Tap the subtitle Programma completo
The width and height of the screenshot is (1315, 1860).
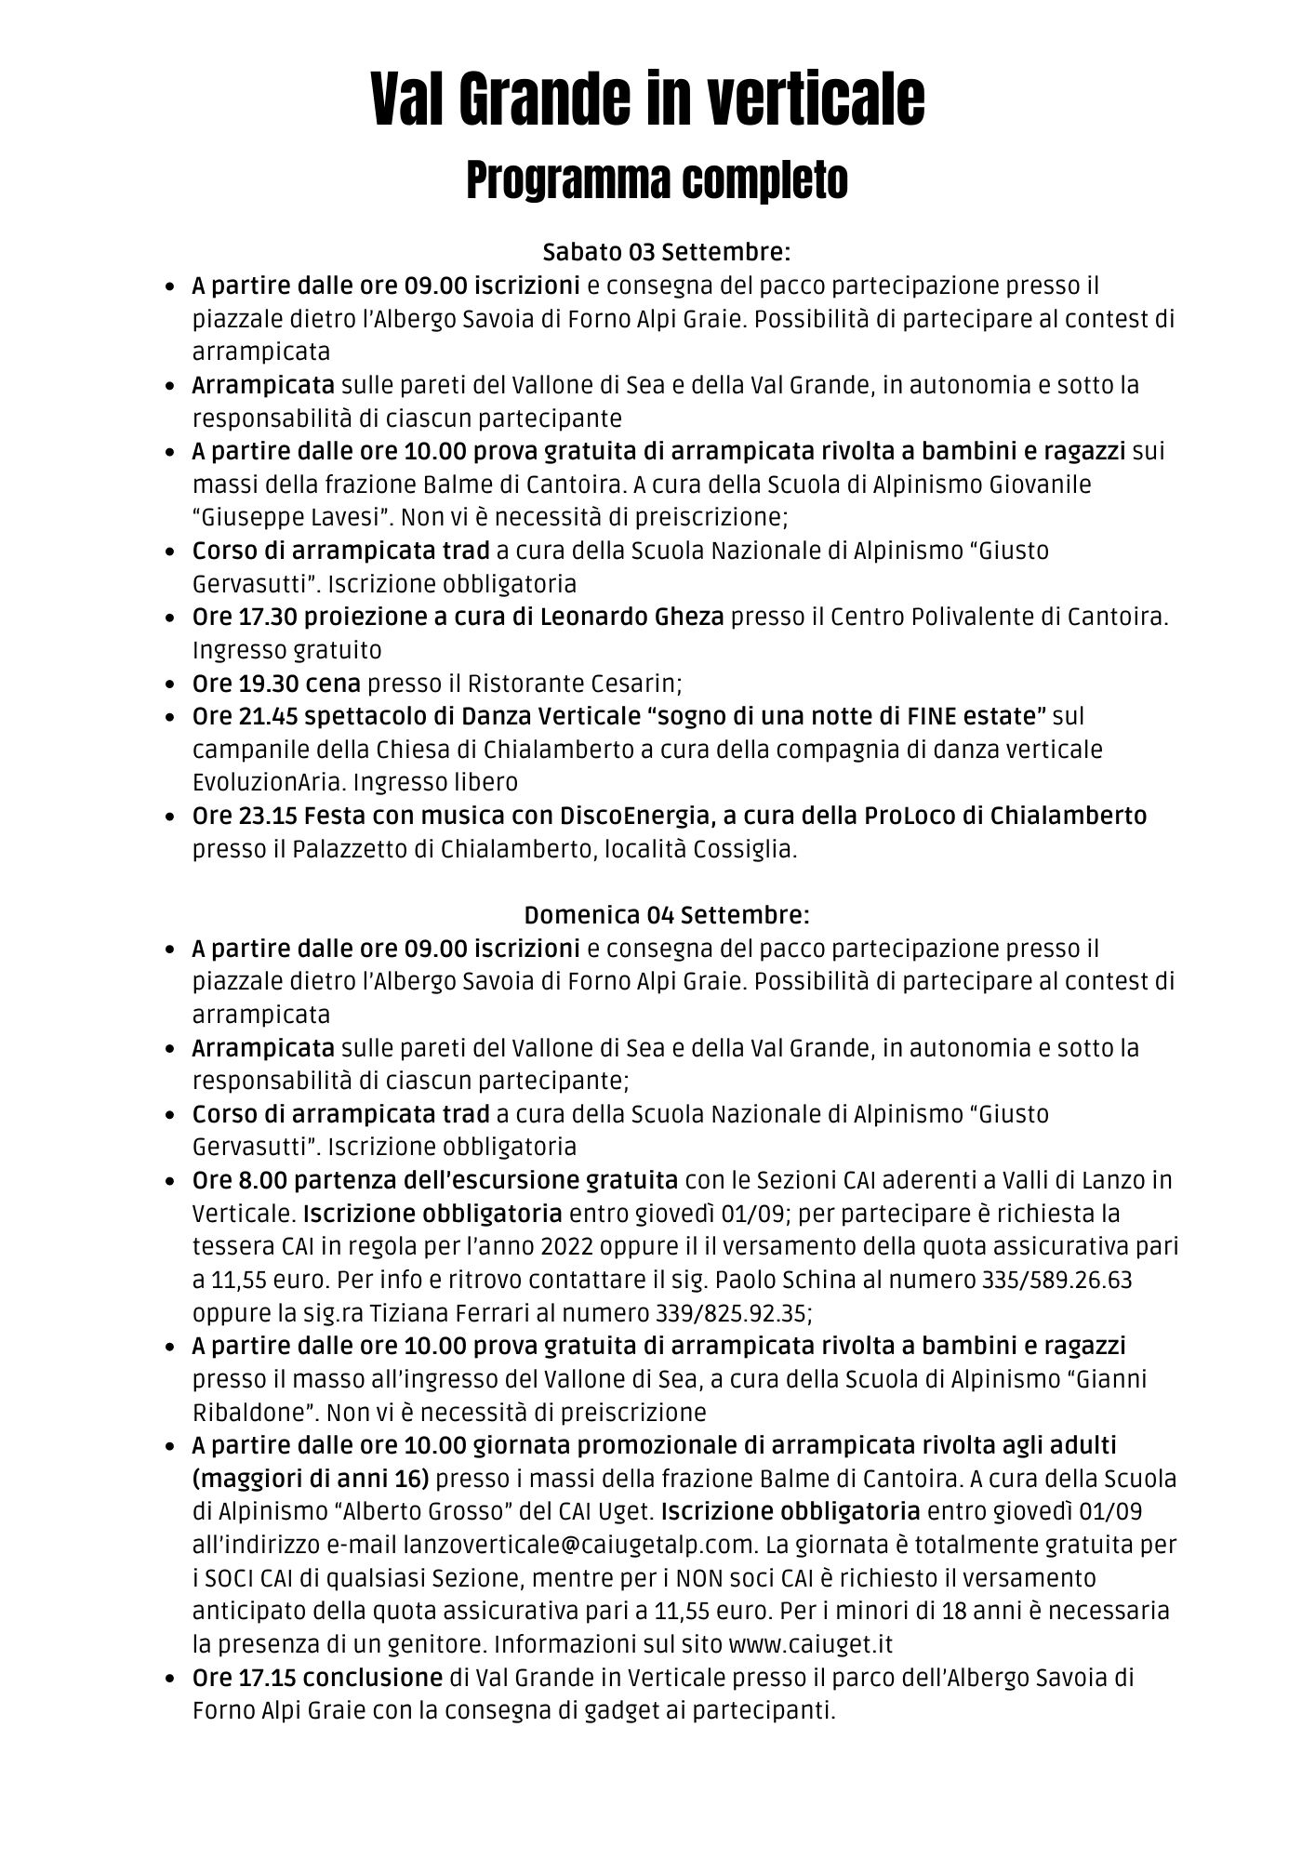coord(657,180)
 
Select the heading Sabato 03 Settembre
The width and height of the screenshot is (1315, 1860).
coord(666,252)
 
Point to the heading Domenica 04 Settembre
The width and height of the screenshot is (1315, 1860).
coord(666,915)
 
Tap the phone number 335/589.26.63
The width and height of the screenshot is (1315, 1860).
coord(1056,1281)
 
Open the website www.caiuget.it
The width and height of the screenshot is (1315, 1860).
coord(810,1644)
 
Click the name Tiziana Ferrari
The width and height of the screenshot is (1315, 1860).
coord(441,1313)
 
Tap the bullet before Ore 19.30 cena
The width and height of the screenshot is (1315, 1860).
coord(170,684)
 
